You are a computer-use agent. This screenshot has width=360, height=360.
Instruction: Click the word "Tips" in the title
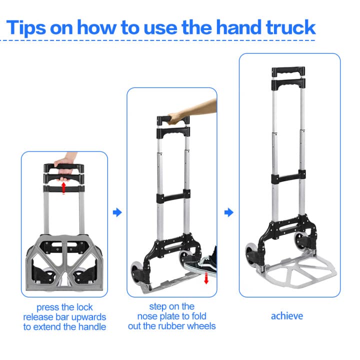click(x=31, y=27)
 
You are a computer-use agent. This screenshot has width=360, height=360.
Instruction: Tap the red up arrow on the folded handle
click(x=63, y=187)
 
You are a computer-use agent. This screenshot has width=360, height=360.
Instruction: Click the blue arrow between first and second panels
click(x=117, y=212)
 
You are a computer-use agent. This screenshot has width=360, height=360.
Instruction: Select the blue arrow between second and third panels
click(x=228, y=212)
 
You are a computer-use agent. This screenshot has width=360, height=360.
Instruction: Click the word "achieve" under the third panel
click(x=287, y=316)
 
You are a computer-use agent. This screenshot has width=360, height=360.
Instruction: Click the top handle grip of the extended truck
click(x=287, y=71)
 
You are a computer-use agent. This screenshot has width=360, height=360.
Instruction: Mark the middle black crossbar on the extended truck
click(x=288, y=178)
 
